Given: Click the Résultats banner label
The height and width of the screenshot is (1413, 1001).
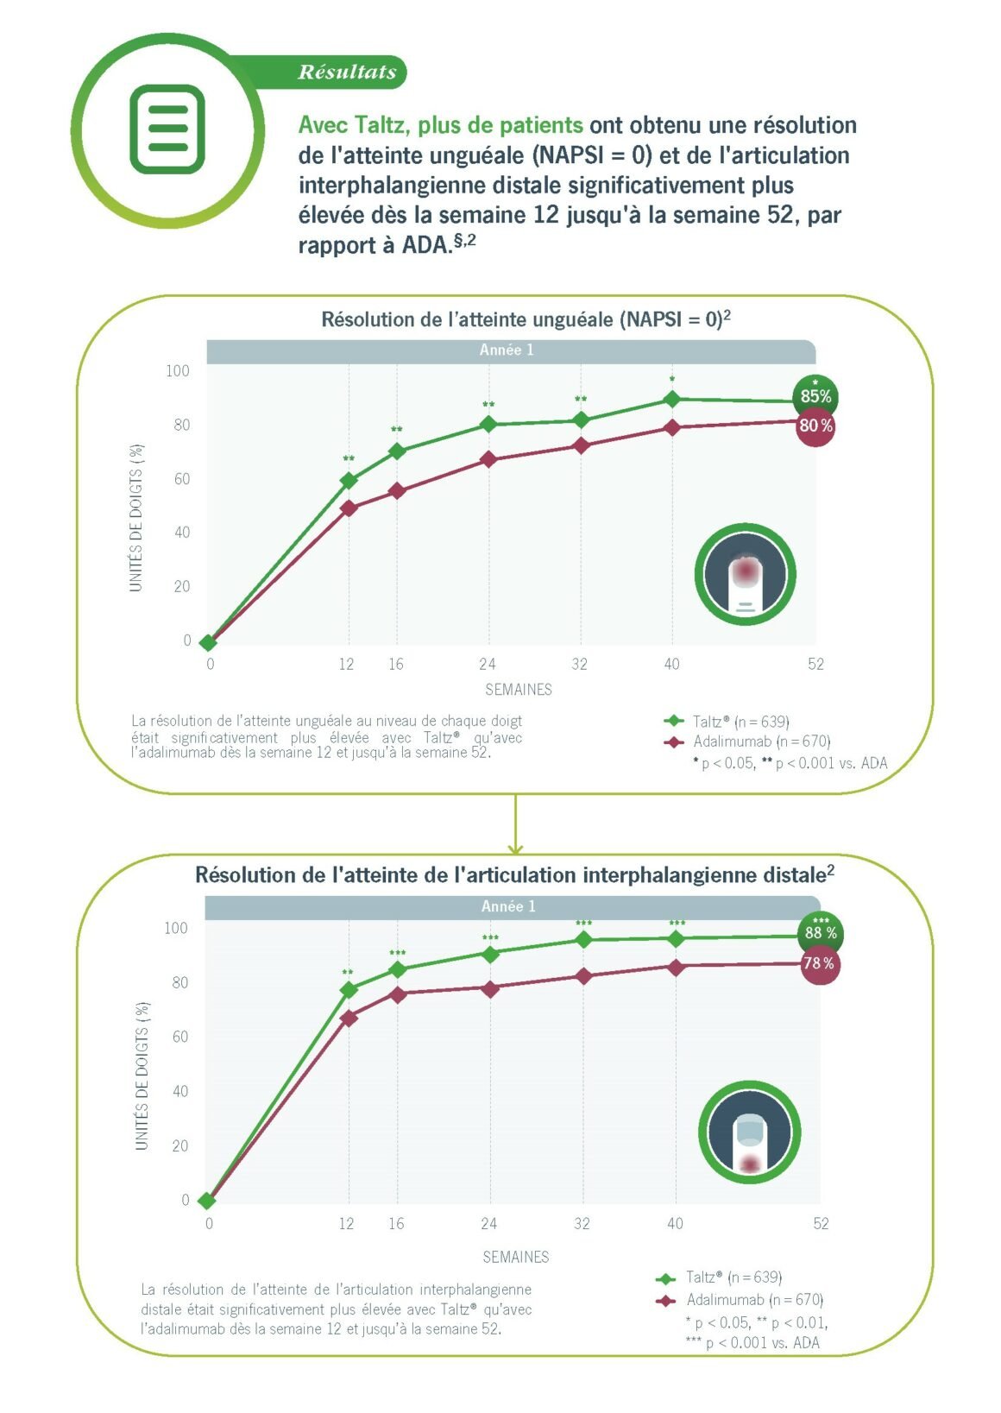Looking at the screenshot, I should click(x=347, y=73).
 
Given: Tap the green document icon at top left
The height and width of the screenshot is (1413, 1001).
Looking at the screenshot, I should click(x=167, y=129).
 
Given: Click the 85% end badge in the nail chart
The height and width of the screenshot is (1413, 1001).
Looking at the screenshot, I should click(x=815, y=396).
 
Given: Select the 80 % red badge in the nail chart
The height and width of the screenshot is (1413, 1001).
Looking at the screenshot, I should click(x=815, y=426).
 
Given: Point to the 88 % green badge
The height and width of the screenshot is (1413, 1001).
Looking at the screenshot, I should click(x=821, y=933).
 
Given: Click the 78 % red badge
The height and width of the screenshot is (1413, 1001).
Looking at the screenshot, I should click(x=819, y=963).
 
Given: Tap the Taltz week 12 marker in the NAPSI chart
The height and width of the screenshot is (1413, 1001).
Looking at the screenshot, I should click(x=349, y=481).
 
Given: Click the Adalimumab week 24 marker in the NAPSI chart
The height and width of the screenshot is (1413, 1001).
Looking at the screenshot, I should click(x=489, y=459).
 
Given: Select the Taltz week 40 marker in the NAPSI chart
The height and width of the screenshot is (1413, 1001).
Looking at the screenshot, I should click(x=672, y=399).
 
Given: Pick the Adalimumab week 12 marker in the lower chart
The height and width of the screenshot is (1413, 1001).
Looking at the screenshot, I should click(x=349, y=1019).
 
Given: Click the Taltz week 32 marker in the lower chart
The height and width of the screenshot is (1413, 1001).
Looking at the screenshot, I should click(x=583, y=939).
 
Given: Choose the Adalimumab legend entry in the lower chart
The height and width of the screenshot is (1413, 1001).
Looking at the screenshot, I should click(x=742, y=1300).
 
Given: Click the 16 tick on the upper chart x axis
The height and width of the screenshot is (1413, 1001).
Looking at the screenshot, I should click(x=395, y=665).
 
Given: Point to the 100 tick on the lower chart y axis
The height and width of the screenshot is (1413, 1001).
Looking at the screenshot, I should click(x=176, y=929).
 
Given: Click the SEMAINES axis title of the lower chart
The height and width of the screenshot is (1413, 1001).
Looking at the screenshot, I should click(x=516, y=1257).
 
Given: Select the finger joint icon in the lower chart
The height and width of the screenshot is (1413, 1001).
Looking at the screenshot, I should click(x=749, y=1132).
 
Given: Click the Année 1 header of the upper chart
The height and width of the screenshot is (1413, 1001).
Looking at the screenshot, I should click(x=507, y=350).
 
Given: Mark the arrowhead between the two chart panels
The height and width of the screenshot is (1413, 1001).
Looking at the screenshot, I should click(x=515, y=848).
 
